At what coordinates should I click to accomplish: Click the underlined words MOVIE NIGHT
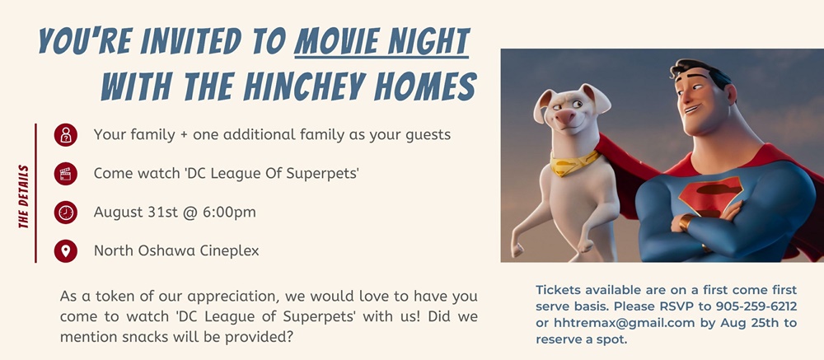click(382, 41)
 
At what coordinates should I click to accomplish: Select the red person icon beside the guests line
click(66, 135)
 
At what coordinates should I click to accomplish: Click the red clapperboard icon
click(66, 174)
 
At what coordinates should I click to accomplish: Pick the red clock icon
click(66, 213)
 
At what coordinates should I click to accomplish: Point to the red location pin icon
click(66, 250)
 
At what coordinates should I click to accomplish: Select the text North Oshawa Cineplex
click(176, 250)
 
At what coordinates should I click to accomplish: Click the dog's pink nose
click(565, 117)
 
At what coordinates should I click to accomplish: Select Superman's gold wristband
click(686, 222)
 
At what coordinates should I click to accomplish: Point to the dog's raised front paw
click(519, 249)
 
